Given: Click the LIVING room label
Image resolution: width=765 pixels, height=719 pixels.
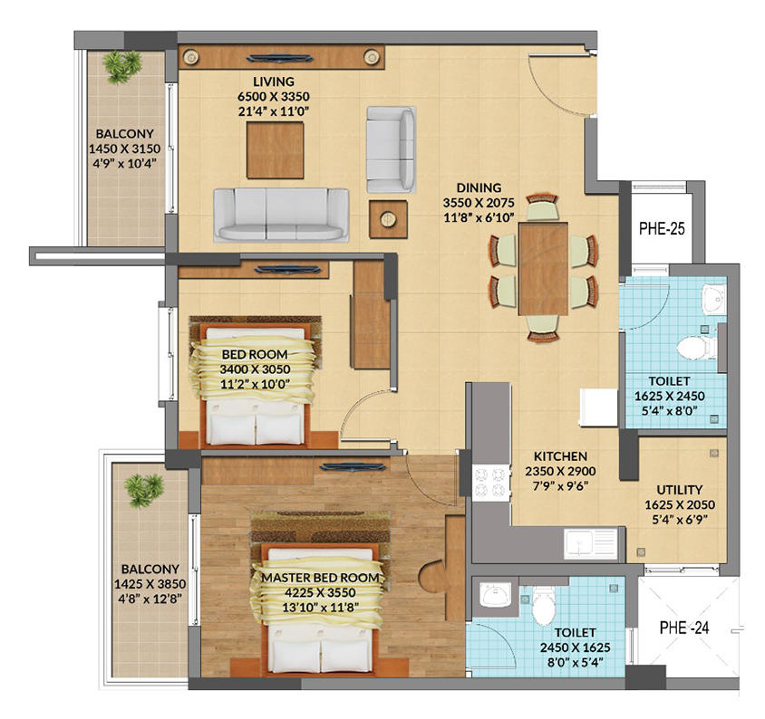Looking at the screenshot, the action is pyautogui.click(x=273, y=81).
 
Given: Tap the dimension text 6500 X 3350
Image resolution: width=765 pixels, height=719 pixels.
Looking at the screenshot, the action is pyautogui.click(x=274, y=97).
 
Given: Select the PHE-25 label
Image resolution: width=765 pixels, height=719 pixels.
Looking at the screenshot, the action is pyautogui.click(x=662, y=228).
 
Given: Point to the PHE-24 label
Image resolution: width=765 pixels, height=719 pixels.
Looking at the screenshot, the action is pyautogui.click(x=684, y=628).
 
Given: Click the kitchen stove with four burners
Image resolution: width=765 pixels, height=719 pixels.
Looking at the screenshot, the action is pyautogui.click(x=489, y=482).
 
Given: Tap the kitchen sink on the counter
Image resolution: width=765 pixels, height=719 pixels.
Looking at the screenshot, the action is pyautogui.click(x=591, y=543).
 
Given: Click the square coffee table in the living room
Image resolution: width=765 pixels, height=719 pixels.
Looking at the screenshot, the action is pyautogui.click(x=276, y=150).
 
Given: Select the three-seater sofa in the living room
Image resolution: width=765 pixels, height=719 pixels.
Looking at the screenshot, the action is pyautogui.click(x=281, y=215).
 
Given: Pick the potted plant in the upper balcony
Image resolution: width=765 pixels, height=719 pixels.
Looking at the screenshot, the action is pyautogui.click(x=121, y=65).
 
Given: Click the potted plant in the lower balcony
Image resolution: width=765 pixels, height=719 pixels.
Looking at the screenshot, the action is pyautogui.click(x=143, y=491).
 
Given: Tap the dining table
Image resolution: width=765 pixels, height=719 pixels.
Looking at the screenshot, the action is pyautogui.click(x=543, y=269).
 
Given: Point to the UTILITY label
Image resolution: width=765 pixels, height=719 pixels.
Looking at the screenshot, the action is pyautogui.click(x=680, y=489).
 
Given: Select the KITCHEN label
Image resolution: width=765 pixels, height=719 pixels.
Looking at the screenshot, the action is pyautogui.click(x=560, y=456).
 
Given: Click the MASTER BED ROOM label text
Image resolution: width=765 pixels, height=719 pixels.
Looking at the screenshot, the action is pyautogui.click(x=320, y=578).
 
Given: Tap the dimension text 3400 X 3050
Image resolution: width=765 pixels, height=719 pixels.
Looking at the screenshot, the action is pyautogui.click(x=255, y=369).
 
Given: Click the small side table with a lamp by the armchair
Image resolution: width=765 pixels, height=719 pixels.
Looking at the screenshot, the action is pyautogui.click(x=388, y=219).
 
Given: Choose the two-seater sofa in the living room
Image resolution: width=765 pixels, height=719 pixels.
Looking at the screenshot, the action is pyautogui.click(x=392, y=150).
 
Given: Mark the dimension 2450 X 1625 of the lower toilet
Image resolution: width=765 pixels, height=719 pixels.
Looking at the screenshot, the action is pyautogui.click(x=575, y=647).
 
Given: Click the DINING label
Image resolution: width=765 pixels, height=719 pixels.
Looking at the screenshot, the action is pyautogui.click(x=479, y=187).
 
